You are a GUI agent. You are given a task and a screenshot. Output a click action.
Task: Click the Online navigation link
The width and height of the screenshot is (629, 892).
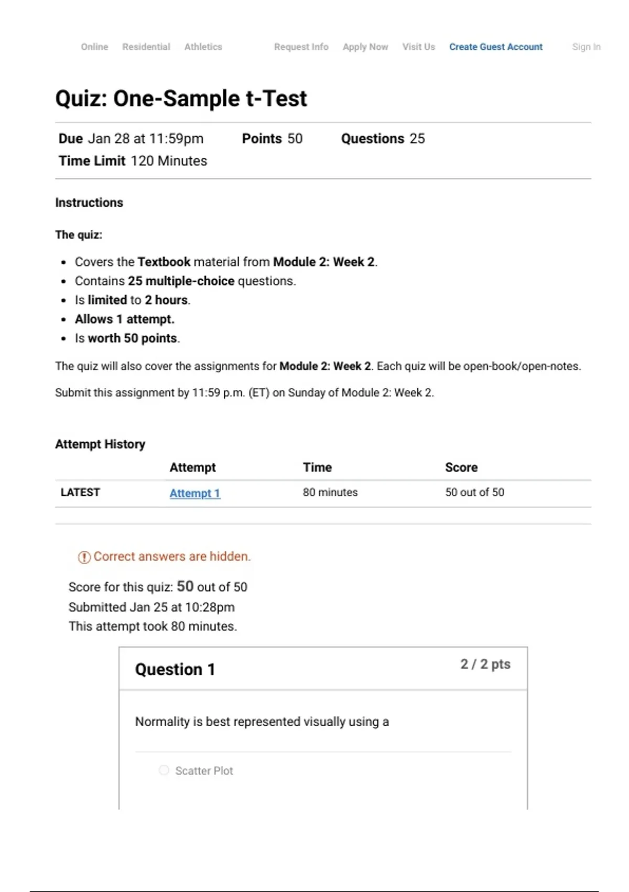[94, 47]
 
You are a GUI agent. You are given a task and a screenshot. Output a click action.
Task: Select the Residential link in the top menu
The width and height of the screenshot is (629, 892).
[146, 47]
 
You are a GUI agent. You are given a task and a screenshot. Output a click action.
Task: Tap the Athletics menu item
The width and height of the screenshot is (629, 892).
[203, 47]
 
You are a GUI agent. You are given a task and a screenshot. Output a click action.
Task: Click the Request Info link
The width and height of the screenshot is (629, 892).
[301, 47]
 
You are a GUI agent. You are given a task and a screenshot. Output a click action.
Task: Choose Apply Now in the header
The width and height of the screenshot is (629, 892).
[365, 47]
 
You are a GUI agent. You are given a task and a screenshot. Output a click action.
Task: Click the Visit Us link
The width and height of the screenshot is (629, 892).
[418, 47]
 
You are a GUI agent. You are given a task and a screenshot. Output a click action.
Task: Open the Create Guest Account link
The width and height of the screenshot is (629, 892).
[495, 47]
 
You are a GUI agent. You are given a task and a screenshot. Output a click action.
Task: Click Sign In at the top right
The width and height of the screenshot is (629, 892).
[586, 47]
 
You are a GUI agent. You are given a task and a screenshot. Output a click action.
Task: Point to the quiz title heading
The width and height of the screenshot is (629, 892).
[181, 99]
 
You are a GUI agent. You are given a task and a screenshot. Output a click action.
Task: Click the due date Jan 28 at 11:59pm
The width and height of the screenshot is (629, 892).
[145, 139]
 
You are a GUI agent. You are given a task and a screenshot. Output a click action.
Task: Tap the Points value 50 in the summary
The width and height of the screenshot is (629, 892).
[295, 139]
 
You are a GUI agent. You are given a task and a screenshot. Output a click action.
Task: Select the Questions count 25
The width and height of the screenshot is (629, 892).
[417, 139]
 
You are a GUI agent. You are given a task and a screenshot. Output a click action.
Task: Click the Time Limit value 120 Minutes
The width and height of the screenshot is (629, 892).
[169, 161]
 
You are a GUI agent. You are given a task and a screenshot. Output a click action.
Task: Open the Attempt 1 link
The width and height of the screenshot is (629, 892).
[194, 493]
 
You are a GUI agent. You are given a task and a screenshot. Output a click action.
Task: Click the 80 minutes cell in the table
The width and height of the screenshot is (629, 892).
[330, 492]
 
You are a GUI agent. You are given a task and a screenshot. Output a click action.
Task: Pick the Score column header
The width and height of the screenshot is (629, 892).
[461, 468]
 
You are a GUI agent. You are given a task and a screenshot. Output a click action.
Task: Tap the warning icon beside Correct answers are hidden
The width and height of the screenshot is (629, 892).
[84, 557]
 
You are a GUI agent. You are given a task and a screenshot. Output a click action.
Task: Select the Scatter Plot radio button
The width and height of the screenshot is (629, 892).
[164, 770]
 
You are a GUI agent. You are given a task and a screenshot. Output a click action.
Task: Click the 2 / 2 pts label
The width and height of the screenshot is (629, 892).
[485, 664]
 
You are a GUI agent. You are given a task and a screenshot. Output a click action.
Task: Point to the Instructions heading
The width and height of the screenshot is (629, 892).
[89, 203]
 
